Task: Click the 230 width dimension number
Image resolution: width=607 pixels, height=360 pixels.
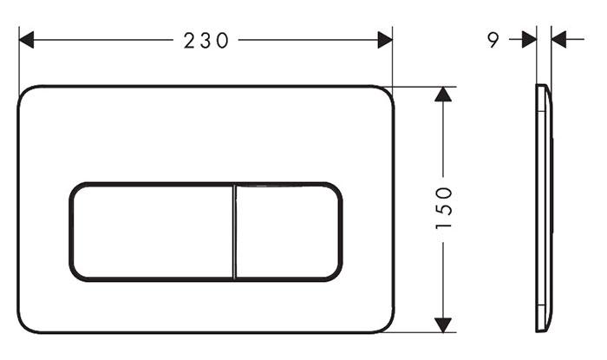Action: [x=206, y=40]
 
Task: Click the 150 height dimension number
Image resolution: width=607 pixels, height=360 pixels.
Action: [x=443, y=208]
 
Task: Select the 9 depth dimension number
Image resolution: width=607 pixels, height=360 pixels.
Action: [x=493, y=40]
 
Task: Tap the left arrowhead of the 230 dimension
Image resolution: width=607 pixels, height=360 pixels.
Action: [x=26, y=40]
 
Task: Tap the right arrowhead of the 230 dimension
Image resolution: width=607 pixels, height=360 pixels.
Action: [x=385, y=40]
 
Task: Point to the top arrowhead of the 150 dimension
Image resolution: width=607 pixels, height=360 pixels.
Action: [x=443, y=94]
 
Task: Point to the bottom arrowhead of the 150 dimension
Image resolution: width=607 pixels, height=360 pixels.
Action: [x=443, y=325]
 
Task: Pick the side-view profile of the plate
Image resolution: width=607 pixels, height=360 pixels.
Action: [x=544, y=208]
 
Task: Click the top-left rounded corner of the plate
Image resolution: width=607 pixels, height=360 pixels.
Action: [x=25, y=94]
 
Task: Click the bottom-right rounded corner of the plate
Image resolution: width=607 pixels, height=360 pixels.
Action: [x=386, y=325]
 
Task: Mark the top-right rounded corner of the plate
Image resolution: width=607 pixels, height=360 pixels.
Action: [x=386, y=94]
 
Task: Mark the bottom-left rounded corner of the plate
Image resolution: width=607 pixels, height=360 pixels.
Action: [x=25, y=325]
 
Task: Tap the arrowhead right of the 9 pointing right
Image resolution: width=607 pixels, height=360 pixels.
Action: [x=529, y=40]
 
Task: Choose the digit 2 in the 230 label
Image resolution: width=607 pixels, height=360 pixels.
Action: [x=189, y=40]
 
